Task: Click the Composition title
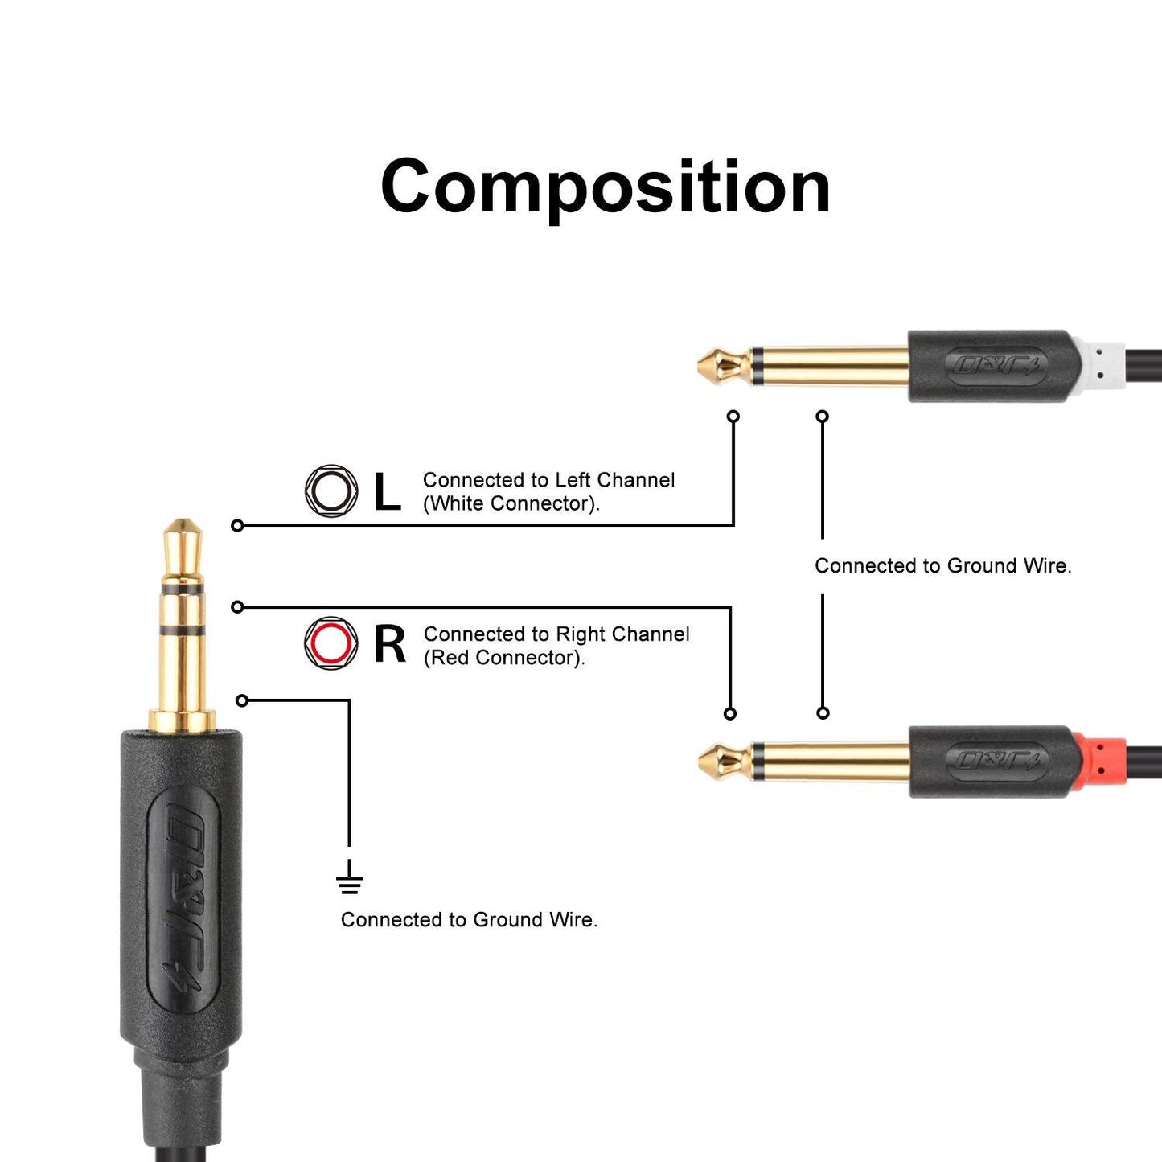coord(605,187)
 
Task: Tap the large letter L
coord(387,491)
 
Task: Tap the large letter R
coord(390,644)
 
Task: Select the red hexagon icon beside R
coord(331,643)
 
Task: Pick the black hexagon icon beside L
coord(331,491)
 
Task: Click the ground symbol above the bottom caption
coord(349,878)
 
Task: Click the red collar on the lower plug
coord(1100,762)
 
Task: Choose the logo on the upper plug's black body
coord(996,367)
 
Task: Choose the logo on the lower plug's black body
coord(996,761)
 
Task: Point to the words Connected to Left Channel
coord(548,480)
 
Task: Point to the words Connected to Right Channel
coord(556,634)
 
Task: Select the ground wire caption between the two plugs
coord(942,566)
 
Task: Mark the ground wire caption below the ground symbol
coord(469,920)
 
